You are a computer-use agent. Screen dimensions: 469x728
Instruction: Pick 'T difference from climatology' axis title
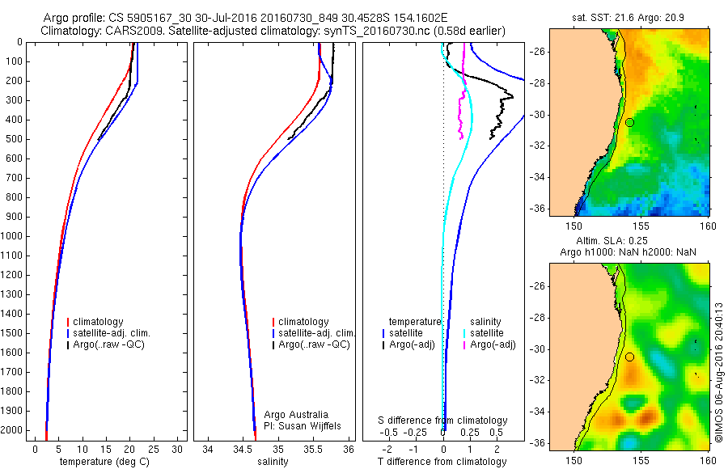tap(442, 462)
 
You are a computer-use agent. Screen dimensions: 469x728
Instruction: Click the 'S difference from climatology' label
tap(442, 420)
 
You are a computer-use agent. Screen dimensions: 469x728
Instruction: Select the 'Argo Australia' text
tap(296, 414)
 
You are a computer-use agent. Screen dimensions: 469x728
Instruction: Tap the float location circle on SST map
tap(629, 122)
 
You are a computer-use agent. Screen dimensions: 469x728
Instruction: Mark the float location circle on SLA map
tap(629, 357)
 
